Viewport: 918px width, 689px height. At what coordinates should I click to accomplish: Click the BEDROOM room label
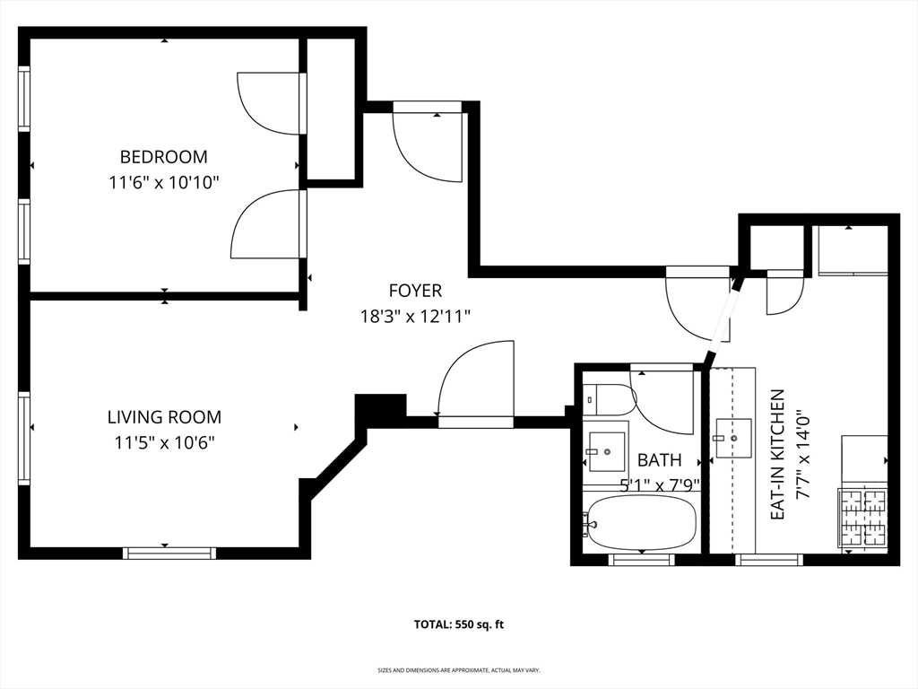click(163, 157)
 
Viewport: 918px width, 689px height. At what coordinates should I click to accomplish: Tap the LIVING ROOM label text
click(165, 417)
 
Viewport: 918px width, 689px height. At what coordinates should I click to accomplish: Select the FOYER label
click(415, 291)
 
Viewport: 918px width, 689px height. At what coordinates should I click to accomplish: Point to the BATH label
click(659, 460)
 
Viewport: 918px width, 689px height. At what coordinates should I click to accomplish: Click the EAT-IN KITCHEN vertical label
click(777, 455)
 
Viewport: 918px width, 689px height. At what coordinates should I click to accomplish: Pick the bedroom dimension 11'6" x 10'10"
click(164, 183)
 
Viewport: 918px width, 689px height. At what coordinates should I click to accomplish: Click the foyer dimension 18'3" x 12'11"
click(415, 317)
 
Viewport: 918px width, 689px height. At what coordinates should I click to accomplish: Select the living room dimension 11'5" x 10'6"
click(165, 442)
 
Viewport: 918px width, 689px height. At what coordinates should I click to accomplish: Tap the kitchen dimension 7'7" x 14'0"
click(802, 456)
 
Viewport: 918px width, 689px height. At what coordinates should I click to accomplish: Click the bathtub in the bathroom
click(642, 523)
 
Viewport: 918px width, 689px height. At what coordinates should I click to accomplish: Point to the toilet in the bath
click(610, 400)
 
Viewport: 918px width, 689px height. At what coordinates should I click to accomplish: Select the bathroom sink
click(607, 452)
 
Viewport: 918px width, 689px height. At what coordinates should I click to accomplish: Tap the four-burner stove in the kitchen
click(864, 518)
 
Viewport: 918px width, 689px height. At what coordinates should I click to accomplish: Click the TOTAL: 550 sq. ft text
click(459, 624)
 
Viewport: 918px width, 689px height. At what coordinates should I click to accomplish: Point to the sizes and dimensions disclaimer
click(459, 669)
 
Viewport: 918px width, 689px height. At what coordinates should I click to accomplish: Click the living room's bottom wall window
click(169, 554)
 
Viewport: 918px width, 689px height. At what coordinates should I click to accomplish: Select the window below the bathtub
click(642, 560)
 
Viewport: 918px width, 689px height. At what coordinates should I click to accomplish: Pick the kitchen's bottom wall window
click(768, 560)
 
